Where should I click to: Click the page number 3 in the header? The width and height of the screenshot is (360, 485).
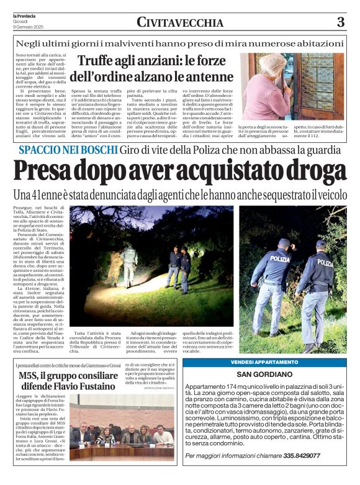pos(340,23)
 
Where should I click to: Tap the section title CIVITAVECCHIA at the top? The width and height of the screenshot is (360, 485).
pos(180,23)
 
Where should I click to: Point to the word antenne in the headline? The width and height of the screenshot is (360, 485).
pos(205,78)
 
